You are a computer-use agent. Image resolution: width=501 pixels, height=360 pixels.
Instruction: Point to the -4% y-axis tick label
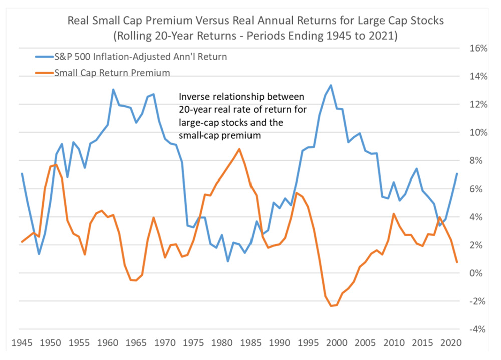pyautogui.click(x=476, y=329)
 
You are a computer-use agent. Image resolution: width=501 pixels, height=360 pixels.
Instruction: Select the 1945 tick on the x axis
pyautogui.click(x=22, y=344)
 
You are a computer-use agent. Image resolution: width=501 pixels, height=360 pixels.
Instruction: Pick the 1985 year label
pyautogui.click(x=250, y=344)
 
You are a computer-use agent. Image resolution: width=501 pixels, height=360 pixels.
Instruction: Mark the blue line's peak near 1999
pyautogui.click(x=331, y=85)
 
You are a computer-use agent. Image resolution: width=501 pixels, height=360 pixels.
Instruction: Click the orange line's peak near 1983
pyautogui.click(x=239, y=149)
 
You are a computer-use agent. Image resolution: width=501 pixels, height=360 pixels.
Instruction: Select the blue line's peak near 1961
pyautogui.click(x=113, y=90)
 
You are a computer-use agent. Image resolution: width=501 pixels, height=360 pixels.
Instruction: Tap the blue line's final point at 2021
pyautogui.click(x=456, y=174)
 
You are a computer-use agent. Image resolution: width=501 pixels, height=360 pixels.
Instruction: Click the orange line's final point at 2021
pyautogui.click(x=456, y=262)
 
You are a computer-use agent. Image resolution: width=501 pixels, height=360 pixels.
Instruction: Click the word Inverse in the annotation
pyautogui.click(x=193, y=96)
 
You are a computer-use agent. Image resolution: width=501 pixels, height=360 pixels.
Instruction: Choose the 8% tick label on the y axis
pyautogui.click(x=478, y=161)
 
